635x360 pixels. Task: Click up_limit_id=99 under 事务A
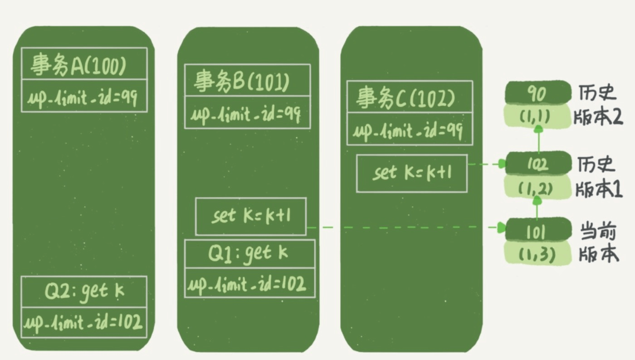[84, 97]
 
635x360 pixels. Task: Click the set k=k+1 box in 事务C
[411, 173]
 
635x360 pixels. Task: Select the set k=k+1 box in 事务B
[250, 216]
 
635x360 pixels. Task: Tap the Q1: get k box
[249, 253]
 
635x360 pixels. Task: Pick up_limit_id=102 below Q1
[249, 284]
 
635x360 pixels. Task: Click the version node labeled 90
[537, 94]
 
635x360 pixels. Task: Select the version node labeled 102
[537, 164]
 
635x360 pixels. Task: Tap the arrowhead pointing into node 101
[501, 227]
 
